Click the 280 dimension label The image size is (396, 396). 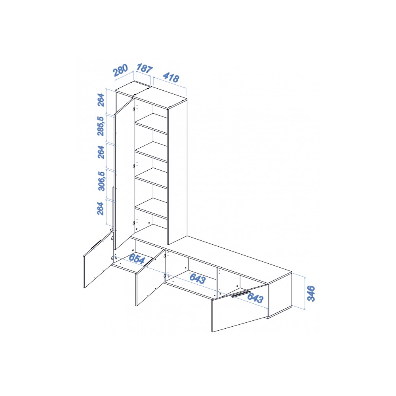(x=121, y=70)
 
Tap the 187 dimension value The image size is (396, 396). (x=145, y=69)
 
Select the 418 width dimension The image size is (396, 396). (x=171, y=77)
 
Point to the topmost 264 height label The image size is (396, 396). (x=101, y=100)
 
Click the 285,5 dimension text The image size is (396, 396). (x=101, y=126)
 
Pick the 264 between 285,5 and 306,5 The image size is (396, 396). (x=101, y=152)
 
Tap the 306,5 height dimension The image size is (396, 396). (x=101, y=181)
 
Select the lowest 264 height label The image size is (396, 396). (x=101, y=209)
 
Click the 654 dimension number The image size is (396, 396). (x=137, y=259)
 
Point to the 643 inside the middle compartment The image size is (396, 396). (x=198, y=278)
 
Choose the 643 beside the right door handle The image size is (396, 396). (x=255, y=298)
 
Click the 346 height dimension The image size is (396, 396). (x=311, y=293)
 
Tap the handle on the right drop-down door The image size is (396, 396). (x=241, y=294)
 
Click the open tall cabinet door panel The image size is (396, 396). (x=124, y=174)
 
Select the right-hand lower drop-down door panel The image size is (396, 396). (x=240, y=308)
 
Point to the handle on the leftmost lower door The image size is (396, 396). (x=96, y=244)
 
